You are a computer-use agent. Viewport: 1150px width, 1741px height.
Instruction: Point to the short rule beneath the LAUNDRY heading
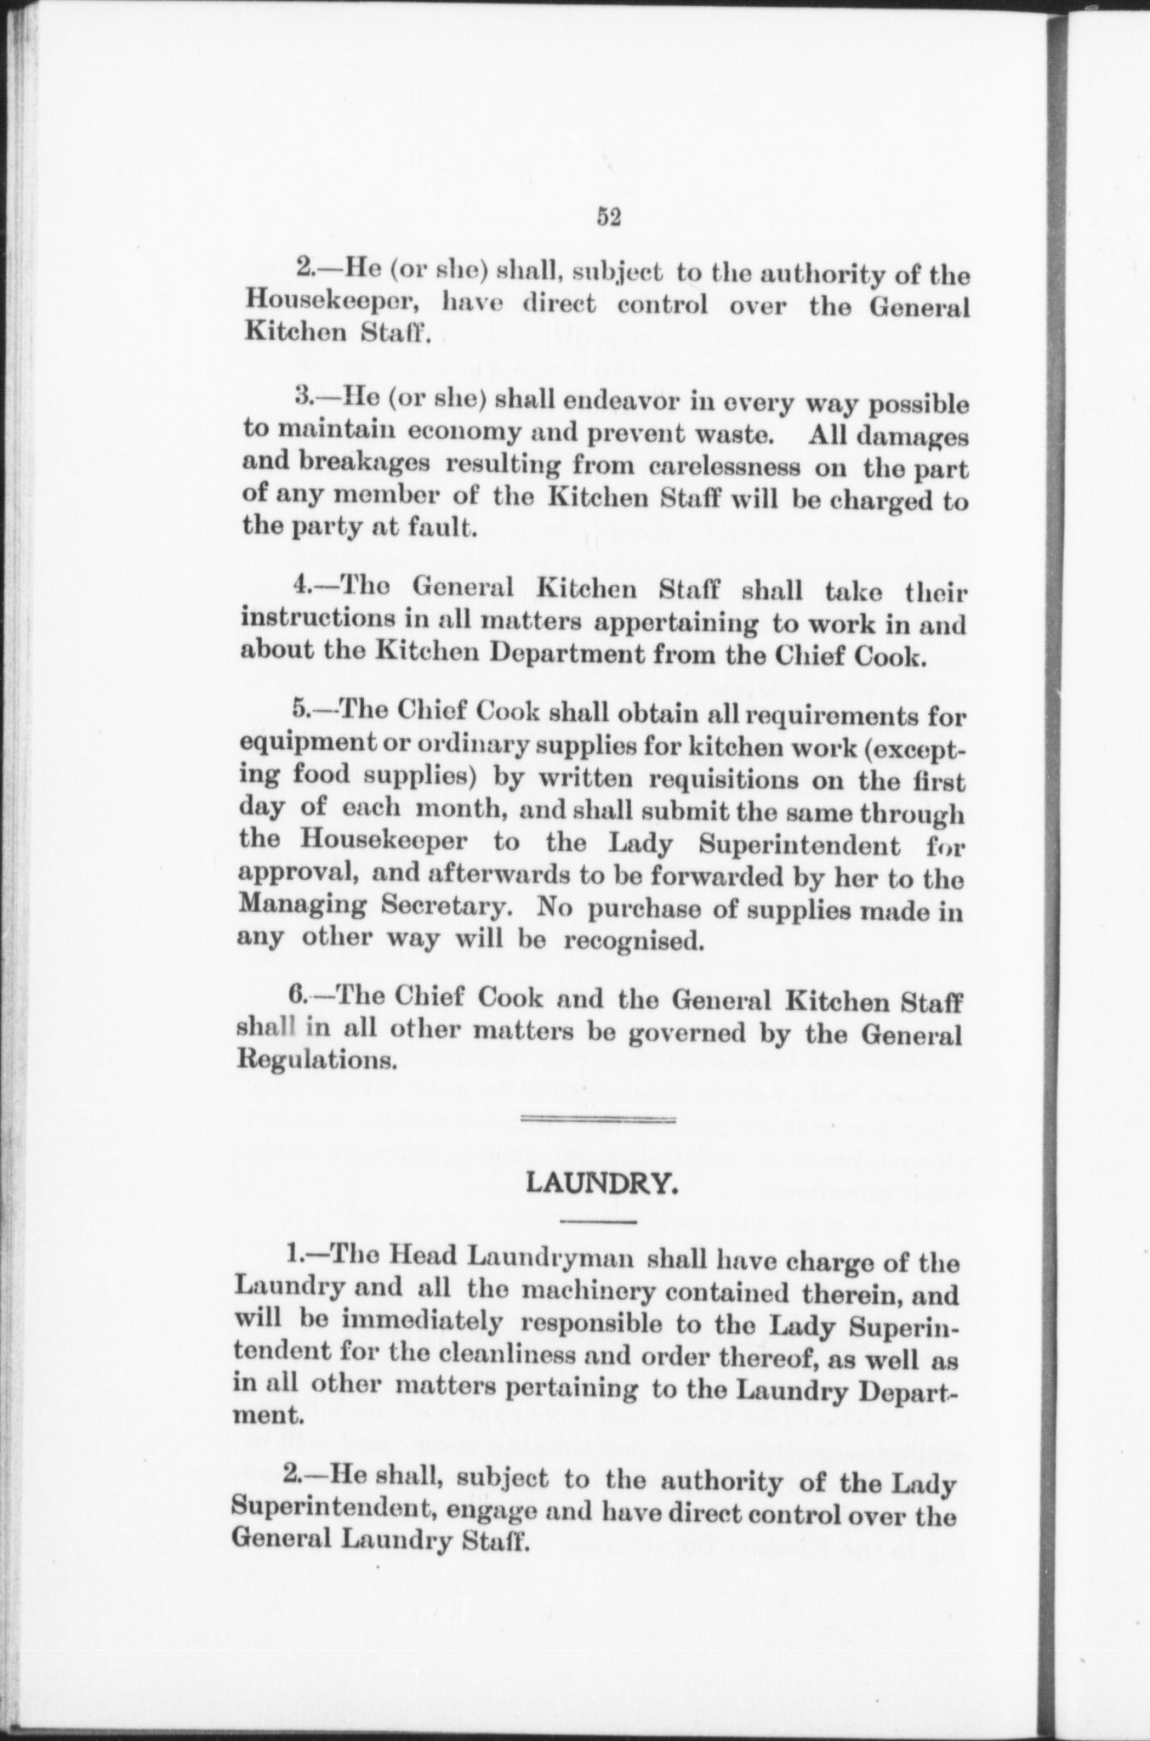600,1222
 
